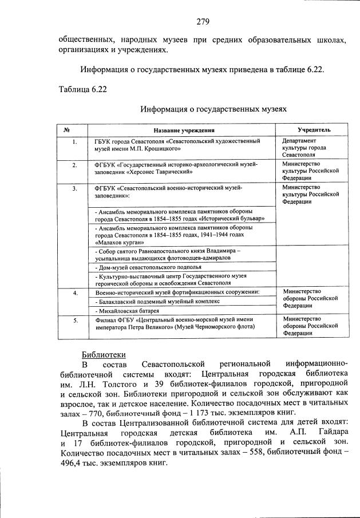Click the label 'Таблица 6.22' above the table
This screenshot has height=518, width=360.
[x=82, y=89]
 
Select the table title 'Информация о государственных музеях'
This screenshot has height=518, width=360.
[x=213, y=108]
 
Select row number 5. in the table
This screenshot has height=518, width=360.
[x=74, y=320]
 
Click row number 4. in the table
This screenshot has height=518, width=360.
[x=74, y=292]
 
